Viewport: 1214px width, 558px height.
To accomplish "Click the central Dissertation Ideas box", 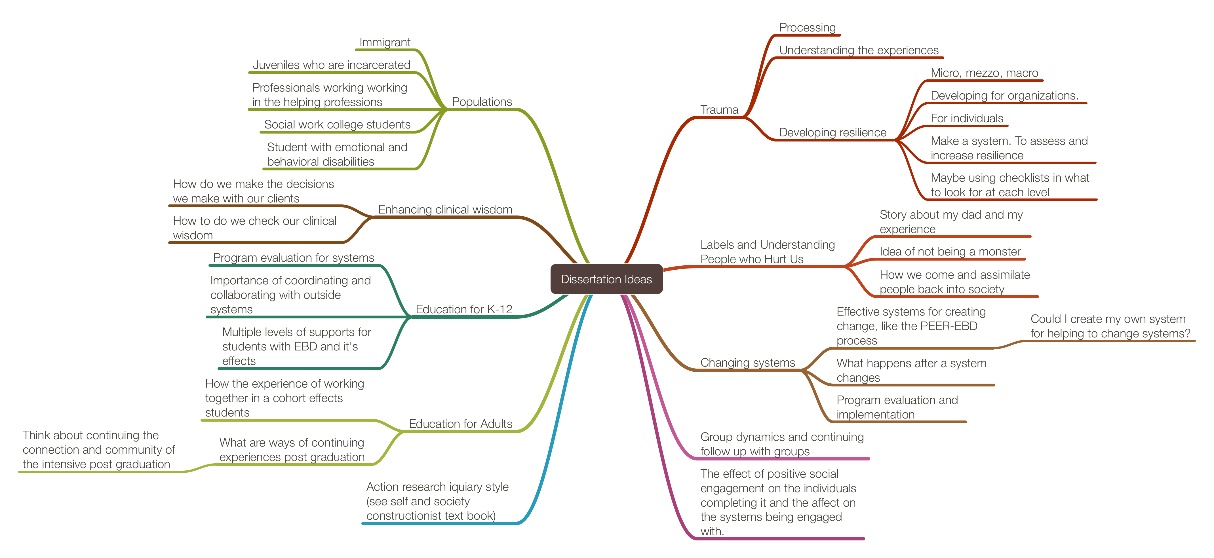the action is (x=606, y=279).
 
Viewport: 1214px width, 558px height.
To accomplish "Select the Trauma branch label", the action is (x=719, y=110).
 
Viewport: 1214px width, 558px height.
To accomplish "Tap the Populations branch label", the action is (x=482, y=102).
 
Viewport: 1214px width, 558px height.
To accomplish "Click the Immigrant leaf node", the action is (x=385, y=43).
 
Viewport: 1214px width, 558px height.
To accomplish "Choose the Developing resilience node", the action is (x=833, y=132).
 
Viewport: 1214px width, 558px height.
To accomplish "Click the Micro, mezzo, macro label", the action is (x=985, y=73).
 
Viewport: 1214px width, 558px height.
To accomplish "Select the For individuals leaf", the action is (x=967, y=118).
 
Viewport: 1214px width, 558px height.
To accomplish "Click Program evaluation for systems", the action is (x=294, y=258).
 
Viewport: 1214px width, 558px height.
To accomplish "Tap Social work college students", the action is (x=337, y=124).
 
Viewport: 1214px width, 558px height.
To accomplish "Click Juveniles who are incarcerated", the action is (x=331, y=65).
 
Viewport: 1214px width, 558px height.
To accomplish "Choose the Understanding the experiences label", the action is (x=859, y=50).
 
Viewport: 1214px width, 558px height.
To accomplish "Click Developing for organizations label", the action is (x=1004, y=96).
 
